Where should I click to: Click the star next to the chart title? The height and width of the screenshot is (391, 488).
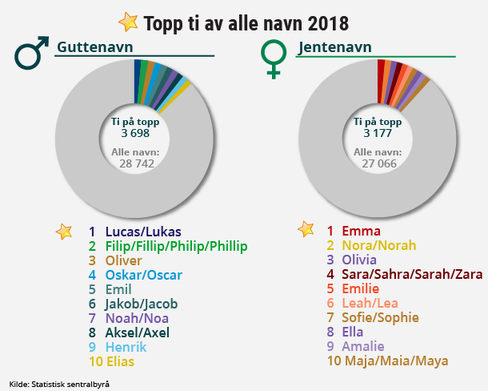click(127, 21)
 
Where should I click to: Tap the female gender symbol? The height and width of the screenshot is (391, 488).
click(274, 58)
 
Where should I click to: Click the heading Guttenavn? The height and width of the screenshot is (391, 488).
click(94, 47)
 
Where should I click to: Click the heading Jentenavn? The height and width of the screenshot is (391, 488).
click(334, 47)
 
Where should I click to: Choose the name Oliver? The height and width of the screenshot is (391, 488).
click(124, 260)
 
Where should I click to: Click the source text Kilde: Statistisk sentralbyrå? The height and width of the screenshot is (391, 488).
click(59, 384)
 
